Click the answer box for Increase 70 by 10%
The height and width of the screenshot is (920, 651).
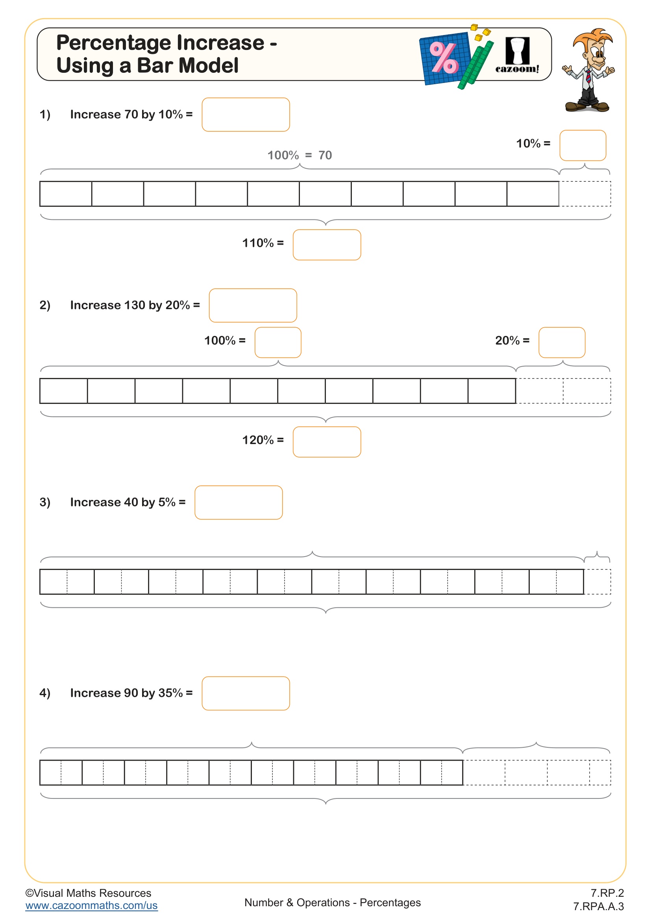[245, 114]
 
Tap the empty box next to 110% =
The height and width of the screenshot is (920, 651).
[327, 245]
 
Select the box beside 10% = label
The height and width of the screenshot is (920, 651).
[583, 146]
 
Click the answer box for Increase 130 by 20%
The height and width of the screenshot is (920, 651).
[253, 305]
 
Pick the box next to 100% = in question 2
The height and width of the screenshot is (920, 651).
[278, 343]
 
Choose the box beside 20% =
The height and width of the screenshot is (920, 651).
[562, 343]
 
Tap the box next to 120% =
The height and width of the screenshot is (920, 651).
[327, 442]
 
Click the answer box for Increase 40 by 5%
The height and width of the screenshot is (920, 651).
[239, 502]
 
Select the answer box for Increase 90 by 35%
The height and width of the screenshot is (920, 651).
[245, 693]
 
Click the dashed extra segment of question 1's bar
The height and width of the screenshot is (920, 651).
[585, 194]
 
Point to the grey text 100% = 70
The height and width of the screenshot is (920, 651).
[300, 155]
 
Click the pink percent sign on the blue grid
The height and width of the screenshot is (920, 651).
[443, 58]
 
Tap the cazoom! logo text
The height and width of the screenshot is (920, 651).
[517, 69]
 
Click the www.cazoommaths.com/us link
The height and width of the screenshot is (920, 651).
[91, 905]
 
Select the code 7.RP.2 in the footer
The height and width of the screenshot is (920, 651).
[607, 893]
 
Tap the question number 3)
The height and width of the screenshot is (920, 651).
[45, 502]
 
